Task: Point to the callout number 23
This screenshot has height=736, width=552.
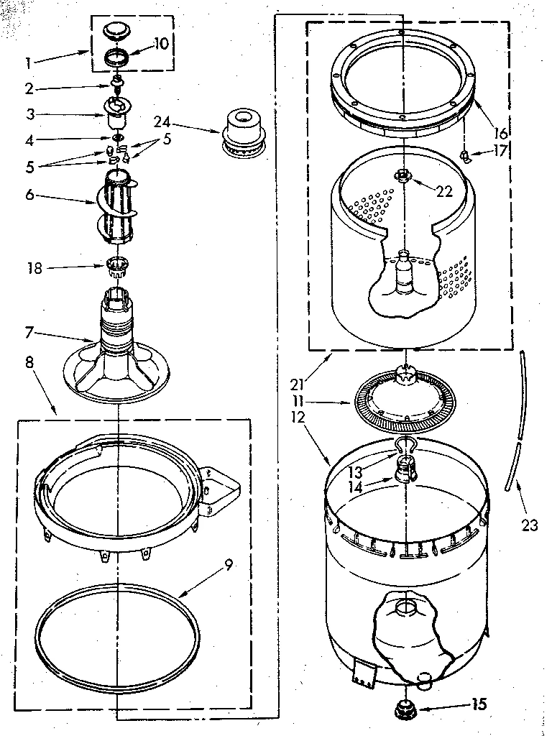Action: (x=529, y=525)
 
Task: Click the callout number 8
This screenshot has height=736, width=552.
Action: (x=30, y=362)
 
